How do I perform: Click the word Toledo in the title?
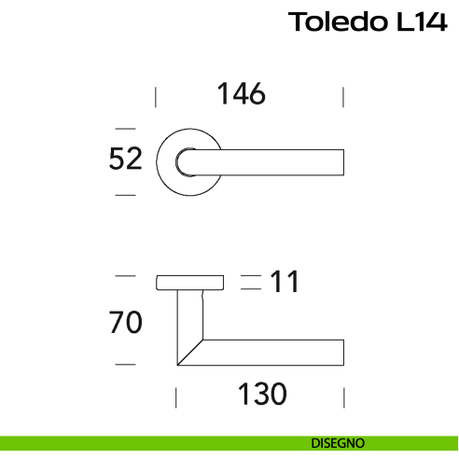[x=333, y=22]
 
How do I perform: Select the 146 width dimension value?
[x=242, y=94]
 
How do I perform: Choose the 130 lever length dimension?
[x=260, y=395]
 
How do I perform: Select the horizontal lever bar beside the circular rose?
[x=280, y=160]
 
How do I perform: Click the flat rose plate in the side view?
[x=189, y=283]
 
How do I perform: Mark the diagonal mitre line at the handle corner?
[x=190, y=353]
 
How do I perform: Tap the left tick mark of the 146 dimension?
[x=156, y=97]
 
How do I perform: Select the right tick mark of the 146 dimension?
[x=345, y=97]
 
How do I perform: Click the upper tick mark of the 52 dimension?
[x=125, y=128]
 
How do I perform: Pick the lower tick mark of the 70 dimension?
[x=125, y=364]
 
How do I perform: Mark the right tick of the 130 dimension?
[x=345, y=398]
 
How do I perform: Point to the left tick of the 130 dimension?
[x=175, y=398]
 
